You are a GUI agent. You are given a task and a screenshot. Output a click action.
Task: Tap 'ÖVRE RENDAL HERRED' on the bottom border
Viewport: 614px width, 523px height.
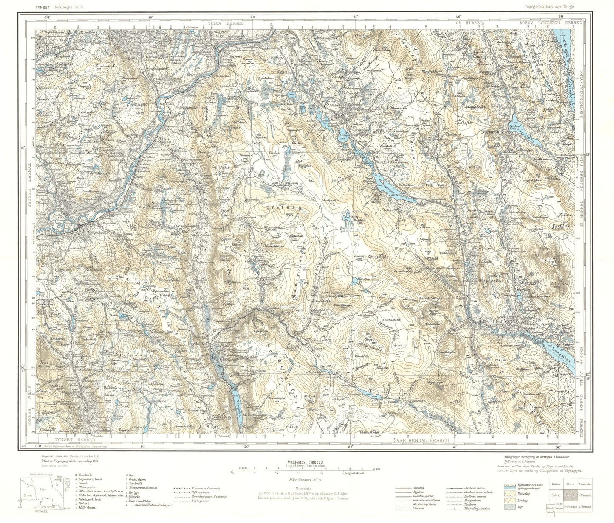(422, 441)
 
